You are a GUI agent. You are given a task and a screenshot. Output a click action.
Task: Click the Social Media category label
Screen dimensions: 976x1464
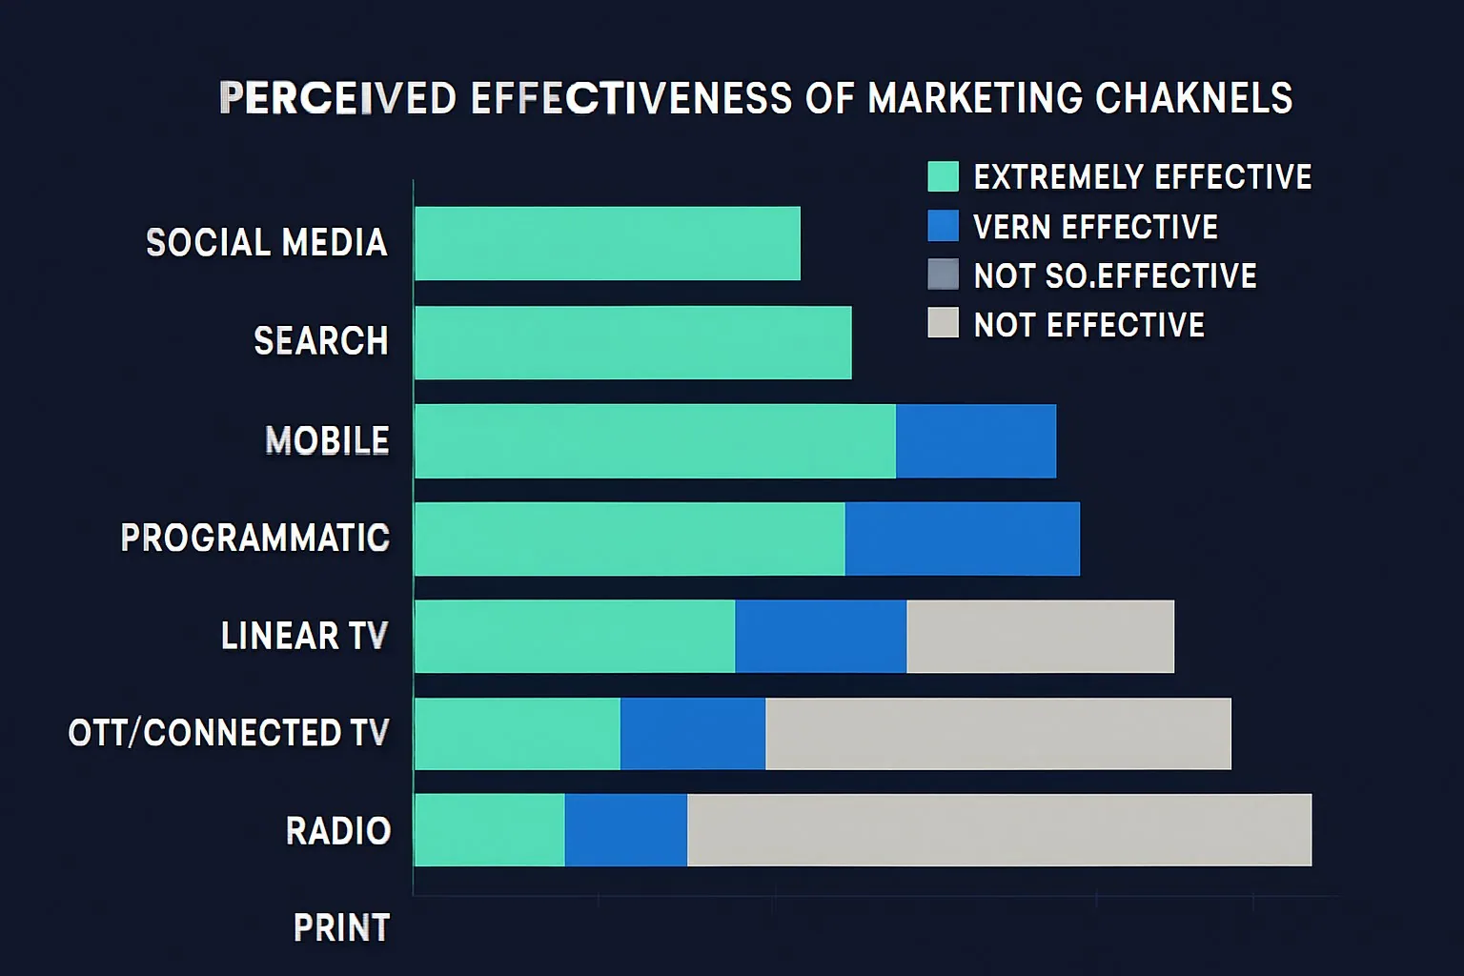(x=266, y=243)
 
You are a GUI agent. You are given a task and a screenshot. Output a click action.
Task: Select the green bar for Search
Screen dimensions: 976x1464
(x=633, y=342)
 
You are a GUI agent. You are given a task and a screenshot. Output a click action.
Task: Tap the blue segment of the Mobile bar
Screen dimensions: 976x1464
(x=975, y=440)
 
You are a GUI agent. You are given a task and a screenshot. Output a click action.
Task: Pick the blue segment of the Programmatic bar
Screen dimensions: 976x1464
(x=962, y=539)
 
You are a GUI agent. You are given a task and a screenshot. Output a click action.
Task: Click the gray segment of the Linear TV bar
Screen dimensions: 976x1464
(x=1040, y=636)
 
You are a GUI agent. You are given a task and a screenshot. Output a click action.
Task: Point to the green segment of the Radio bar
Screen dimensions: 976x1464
(x=489, y=829)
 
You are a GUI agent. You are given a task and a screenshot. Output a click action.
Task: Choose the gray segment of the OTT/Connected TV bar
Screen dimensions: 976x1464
(x=998, y=733)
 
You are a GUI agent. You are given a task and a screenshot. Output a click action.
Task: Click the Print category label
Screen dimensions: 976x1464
(x=341, y=927)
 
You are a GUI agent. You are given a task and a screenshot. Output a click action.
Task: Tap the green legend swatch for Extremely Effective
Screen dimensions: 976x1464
(x=943, y=176)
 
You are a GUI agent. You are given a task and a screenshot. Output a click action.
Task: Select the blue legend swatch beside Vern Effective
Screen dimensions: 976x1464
(x=943, y=226)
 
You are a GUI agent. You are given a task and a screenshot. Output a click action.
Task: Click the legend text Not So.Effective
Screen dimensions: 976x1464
(x=1114, y=275)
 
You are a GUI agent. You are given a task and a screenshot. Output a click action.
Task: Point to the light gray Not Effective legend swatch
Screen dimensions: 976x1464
(x=943, y=323)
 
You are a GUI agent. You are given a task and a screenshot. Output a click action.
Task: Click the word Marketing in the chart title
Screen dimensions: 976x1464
(x=976, y=98)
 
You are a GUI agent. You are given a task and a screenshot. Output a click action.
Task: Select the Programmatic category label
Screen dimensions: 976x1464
(x=255, y=539)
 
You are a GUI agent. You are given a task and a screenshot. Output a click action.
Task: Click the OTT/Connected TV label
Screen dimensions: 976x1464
(x=229, y=733)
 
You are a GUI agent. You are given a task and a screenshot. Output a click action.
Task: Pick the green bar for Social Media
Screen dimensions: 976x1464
(x=607, y=243)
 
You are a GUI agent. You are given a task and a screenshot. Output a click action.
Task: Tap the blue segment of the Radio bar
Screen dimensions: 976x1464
(x=625, y=829)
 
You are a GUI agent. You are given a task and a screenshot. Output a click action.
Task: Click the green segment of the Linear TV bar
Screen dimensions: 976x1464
(x=575, y=636)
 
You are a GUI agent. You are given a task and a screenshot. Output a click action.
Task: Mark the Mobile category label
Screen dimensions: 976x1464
(x=327, y=440)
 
